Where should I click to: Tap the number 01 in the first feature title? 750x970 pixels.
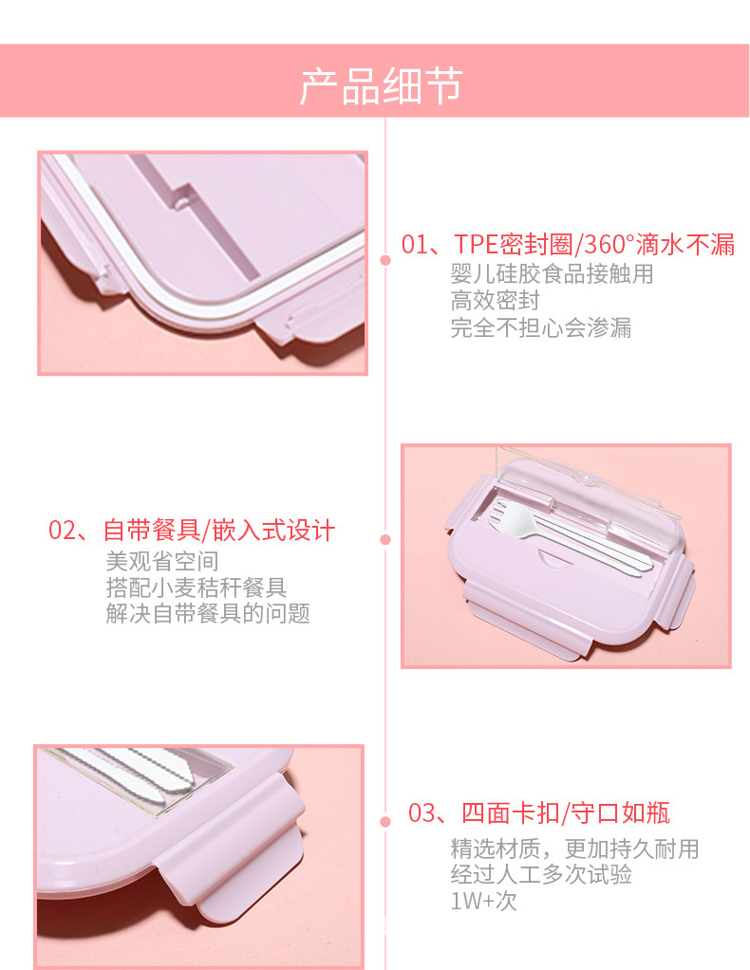click(414, 245)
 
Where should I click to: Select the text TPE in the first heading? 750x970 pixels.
click(476, 245)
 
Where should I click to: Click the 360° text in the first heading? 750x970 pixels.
click(605, 245)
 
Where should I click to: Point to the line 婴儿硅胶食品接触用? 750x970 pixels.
click(552, 275)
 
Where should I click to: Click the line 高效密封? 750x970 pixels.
click(495, 302)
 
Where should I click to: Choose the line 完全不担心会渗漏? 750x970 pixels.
click(540, 328)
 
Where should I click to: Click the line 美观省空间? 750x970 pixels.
click(161, 561)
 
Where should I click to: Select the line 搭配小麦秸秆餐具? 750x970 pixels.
click(197, 588)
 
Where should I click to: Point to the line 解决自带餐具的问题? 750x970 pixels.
click(208, 614)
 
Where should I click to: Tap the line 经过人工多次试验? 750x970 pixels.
click(541, 874)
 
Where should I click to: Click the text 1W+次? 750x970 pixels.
click(483, 901)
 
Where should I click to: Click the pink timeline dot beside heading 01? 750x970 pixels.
click(385, 259)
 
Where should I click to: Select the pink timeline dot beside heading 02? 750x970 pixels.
click(385, 540)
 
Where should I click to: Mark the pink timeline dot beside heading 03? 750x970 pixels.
click(385, 822)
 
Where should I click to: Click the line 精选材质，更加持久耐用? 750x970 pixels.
click(574, 848)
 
